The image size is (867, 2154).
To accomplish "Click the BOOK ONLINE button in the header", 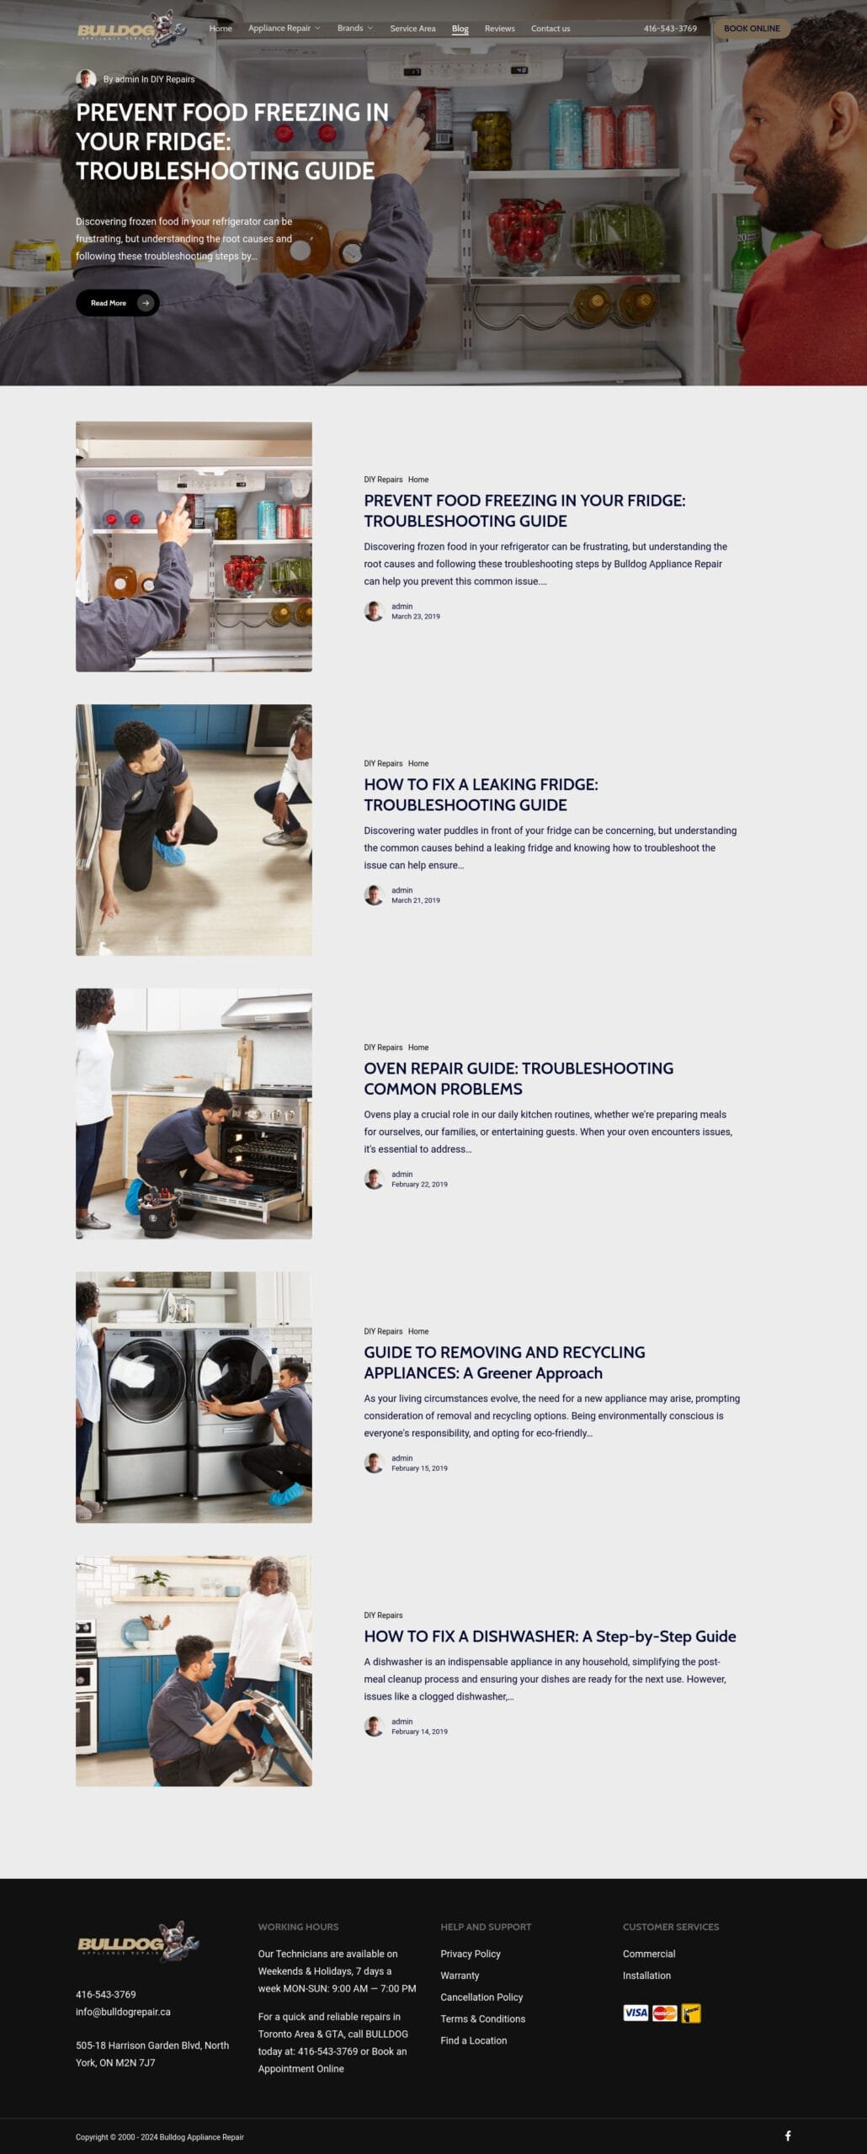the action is coord(752,29).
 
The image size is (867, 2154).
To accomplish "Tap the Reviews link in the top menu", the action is coord(499,29).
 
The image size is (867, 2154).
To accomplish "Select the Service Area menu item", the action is coord(412,29).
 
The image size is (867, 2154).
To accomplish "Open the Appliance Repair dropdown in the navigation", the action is coord(284,29).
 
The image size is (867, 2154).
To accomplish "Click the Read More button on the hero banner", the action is coord(117,303).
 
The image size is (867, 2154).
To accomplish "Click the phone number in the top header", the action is coord(670,29).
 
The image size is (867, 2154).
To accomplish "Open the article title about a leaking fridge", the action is coord(481,794).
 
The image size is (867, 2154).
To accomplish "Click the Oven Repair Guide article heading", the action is coord(519,1078).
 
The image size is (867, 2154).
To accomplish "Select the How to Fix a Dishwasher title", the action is coord(550,1636).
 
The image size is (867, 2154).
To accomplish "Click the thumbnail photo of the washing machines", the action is coord(194,1397).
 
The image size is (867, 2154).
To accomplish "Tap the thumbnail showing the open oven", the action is coord(194,1113).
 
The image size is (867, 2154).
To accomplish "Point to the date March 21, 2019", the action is coord(416,900).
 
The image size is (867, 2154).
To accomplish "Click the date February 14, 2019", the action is coord(419,1731).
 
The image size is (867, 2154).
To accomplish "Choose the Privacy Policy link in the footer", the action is coord(471,1953).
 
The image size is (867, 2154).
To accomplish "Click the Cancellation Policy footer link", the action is coord(481,1997).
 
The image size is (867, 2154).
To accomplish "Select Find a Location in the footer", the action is coord(474,2040).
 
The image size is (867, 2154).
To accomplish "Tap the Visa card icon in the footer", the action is coord(636,2013).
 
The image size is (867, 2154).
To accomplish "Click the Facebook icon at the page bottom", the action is coord(788,2135).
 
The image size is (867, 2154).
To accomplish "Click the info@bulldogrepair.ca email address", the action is coord(123,2011).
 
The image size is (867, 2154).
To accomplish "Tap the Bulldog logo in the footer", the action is coord(138,1941).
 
